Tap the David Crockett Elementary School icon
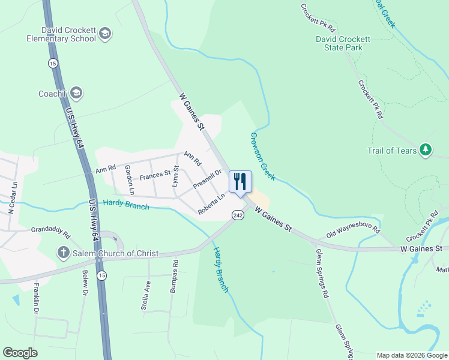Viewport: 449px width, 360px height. [106, 34]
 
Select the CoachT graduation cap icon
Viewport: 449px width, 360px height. [76, 93]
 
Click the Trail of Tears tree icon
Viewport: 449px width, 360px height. [426, 150]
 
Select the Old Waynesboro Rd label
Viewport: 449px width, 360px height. [353, 230]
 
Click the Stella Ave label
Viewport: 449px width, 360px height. [145, 299]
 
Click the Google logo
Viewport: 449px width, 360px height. [20, 353]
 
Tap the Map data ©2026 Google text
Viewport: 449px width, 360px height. [411, 355]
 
